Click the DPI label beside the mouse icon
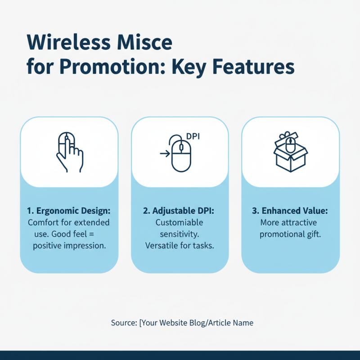click(192, 137)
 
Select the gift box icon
click(291, 152)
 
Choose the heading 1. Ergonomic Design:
click(69, 211)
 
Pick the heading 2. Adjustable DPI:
click(180, 211)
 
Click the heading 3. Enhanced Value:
click(291, 211)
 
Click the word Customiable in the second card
click(180, 222)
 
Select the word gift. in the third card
click(310, 234)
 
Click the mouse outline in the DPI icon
click(181, 155)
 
